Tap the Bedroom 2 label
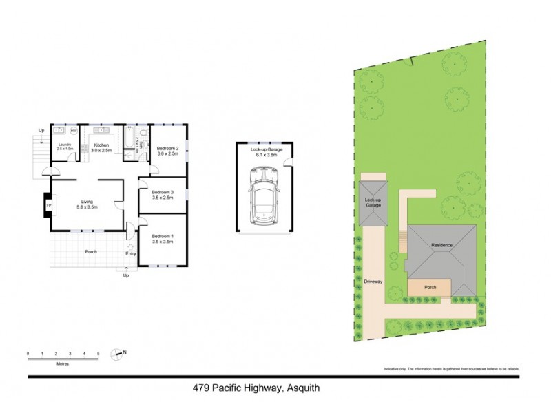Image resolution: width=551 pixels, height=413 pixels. [167, 149]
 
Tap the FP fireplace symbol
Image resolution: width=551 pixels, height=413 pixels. [48, 206]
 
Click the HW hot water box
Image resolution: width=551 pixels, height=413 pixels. [73, 131]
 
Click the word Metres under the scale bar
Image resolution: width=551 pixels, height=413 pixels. [63, 363]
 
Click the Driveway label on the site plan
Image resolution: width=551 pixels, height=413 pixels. [373, 282]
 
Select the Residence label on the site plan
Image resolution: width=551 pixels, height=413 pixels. [441, 246]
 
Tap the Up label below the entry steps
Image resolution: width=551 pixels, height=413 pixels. [125, 276]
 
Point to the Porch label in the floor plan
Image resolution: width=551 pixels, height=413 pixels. [91, 252]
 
